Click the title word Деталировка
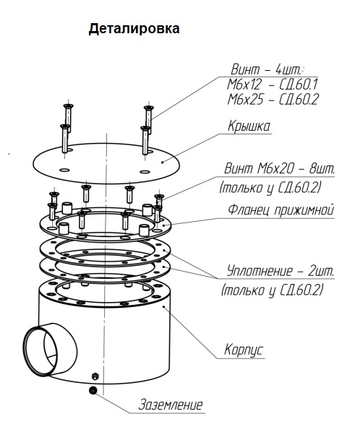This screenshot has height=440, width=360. [134, 29]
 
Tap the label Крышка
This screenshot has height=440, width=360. [249, 126]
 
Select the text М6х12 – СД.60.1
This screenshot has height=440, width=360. [273, 85]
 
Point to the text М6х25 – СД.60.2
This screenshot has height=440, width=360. [273, 99]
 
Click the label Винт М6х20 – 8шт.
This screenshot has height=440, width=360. [280, 169]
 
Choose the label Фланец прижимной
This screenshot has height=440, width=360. [281, 210]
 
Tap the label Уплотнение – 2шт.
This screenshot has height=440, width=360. [280, 272]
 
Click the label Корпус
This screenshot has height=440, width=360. [244, 350]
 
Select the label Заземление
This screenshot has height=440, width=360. [171, 405]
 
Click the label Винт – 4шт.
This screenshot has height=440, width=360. [267, 69]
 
